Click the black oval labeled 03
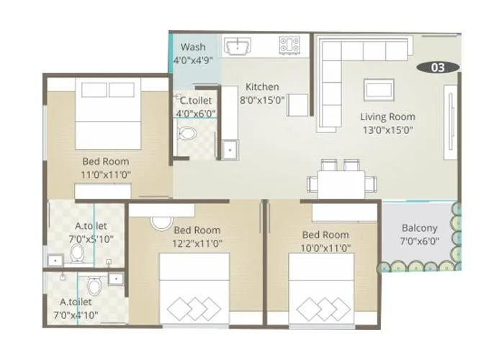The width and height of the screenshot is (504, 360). [438, 67]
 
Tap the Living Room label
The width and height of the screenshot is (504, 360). [388, 117]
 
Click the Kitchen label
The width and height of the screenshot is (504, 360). [261, 86]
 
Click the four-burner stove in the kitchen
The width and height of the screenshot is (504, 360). [290, 45]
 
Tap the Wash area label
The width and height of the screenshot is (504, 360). [193, 48]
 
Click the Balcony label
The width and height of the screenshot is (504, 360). [419, 228]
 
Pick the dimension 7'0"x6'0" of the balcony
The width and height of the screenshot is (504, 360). [419, 242]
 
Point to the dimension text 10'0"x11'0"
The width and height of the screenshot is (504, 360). [325, 248]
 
